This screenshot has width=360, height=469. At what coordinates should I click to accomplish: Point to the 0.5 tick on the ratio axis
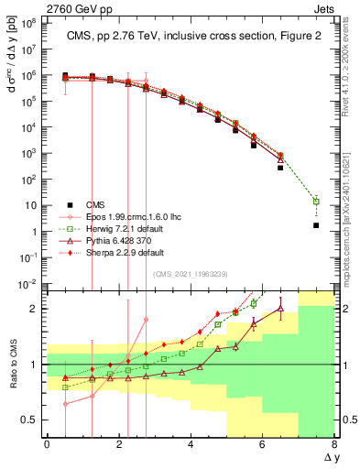coord(30,420)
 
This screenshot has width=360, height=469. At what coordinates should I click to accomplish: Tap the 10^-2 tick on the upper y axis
coord(28,286)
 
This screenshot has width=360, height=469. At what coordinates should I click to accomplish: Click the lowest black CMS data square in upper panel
coord(316,225)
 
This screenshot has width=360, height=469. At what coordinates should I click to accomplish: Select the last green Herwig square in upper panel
coord(316,201)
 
